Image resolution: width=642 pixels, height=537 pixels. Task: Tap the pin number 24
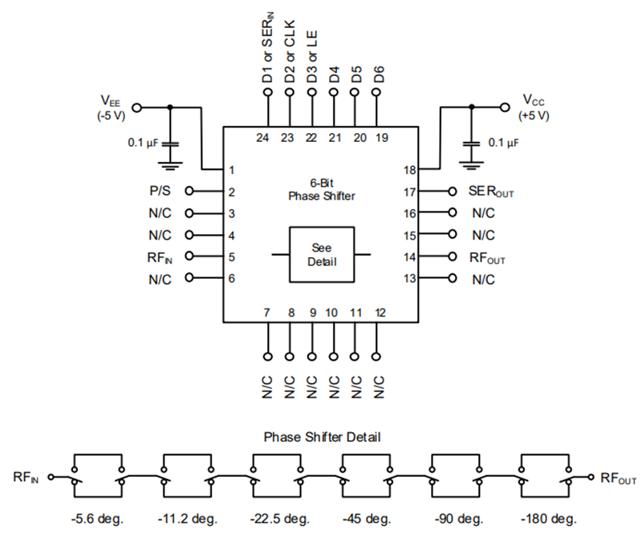pos(262,138)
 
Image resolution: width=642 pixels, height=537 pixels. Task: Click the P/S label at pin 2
pos(160,192)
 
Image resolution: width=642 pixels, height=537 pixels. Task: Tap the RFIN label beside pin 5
pos(160,256)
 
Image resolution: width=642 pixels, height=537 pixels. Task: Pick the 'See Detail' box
pos(321,254)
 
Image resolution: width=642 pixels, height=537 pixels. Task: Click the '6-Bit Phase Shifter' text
pos(321,189)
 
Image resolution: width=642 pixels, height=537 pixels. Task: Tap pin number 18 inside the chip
pos(409,170)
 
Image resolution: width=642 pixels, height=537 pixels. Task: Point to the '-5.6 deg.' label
pos(99,518)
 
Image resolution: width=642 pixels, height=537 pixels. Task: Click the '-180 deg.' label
pos(547,518)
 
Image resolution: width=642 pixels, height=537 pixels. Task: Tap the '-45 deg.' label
pos(368,518)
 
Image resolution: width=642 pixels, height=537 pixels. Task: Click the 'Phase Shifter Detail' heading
pos(321,438)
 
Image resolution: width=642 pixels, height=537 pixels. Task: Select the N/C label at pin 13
pos(483,279)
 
